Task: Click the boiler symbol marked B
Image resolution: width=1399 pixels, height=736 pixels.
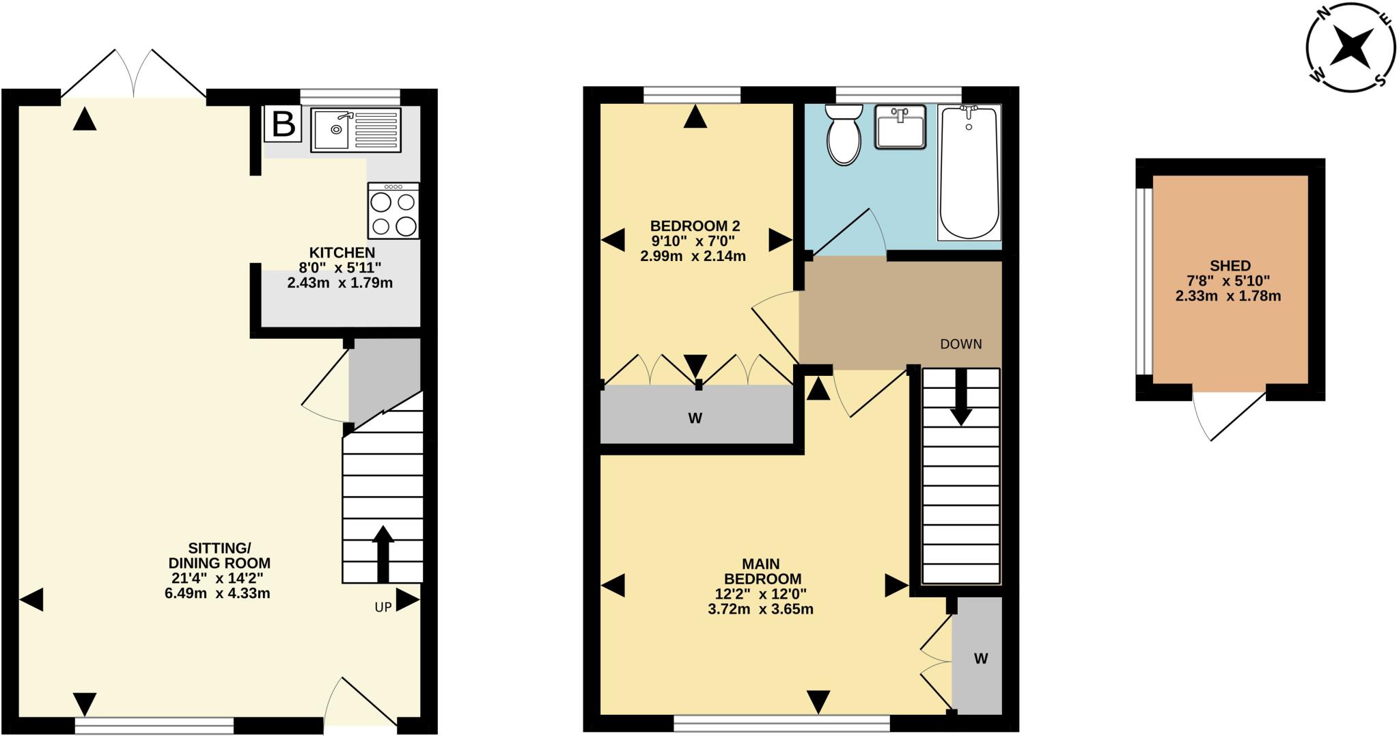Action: pyautogui.click(x=283, y=124)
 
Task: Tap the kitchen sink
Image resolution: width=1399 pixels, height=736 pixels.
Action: pyautogui.click(x=356, y=129)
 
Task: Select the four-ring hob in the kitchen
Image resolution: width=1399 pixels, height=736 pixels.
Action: pyautogui.click(x=393, y=210)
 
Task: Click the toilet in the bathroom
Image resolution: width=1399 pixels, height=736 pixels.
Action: pyautogui.click(x=844, y=135)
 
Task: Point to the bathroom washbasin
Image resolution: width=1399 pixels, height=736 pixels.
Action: pyautogui.click(x=900, y=126)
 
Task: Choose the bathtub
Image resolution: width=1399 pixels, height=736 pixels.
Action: pyautogui.click(x=969, y=172)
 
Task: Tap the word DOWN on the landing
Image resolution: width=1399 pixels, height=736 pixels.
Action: pyautogui.click(x=961, y=344)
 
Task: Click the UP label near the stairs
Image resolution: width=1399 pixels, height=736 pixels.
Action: pyautogui.click(x=383, y=607)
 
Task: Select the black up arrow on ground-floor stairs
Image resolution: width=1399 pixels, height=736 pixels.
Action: pyautogui.click(x=383, y=554)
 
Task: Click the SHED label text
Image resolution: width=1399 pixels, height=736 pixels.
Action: pyautogui.click(x=1230, y=266)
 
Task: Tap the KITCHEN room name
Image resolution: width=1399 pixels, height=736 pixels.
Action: pyautogui.click(x=342, y=252)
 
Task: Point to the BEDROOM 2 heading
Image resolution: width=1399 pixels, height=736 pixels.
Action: pyautogui.click(x=695, y=226)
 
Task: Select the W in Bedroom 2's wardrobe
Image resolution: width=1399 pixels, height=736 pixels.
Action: pyautogui.click(x=695, y=418)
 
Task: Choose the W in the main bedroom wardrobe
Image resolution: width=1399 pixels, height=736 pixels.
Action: pyautogui.click(x=981, y=659)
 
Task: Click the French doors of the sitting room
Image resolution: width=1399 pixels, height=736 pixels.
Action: pyautogui.click(x=134, y=74)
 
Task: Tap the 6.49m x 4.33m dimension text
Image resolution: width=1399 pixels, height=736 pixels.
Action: pyautogui.click(x=217, y=593)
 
